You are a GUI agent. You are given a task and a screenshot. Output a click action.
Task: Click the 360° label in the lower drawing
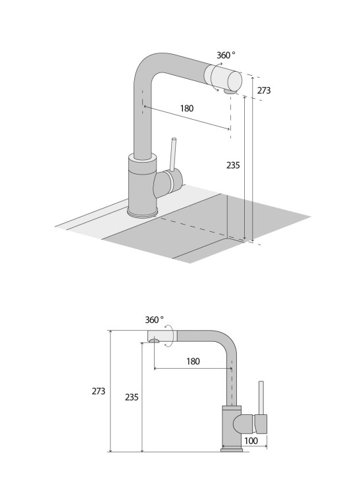coord(155,319)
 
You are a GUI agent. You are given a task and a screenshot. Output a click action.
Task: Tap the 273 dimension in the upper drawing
coord(264,90)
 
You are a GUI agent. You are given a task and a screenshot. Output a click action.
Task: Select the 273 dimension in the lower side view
coord(98,391)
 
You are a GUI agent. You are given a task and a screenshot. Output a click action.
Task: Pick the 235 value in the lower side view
coord(131,397)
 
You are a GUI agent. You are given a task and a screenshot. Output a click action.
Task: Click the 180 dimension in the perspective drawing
coord(186,109)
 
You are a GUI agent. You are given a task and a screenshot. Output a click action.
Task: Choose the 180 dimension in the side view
coord(193,362)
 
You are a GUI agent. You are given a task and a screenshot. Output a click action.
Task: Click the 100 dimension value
coord(251,440)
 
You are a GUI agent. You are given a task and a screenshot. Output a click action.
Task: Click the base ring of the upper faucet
coord(143,211)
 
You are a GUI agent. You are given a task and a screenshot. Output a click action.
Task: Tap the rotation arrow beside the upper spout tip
coord(217,66)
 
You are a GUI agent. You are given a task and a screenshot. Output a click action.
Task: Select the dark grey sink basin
coord(217,224)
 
